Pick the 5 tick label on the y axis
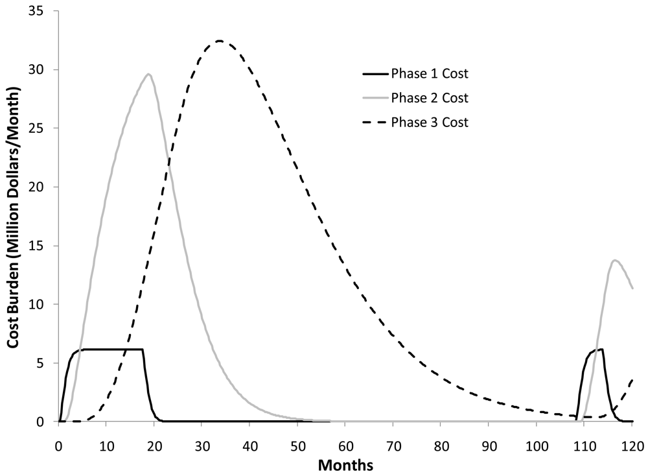[x=48, y=363]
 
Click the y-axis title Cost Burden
[x=14, y=217]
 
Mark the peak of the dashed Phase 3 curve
[x=220, y=41]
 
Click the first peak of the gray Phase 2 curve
[x=149, y=74]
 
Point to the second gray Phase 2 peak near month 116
[x=614, y=260]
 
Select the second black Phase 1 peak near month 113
[x=602, y=350]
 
